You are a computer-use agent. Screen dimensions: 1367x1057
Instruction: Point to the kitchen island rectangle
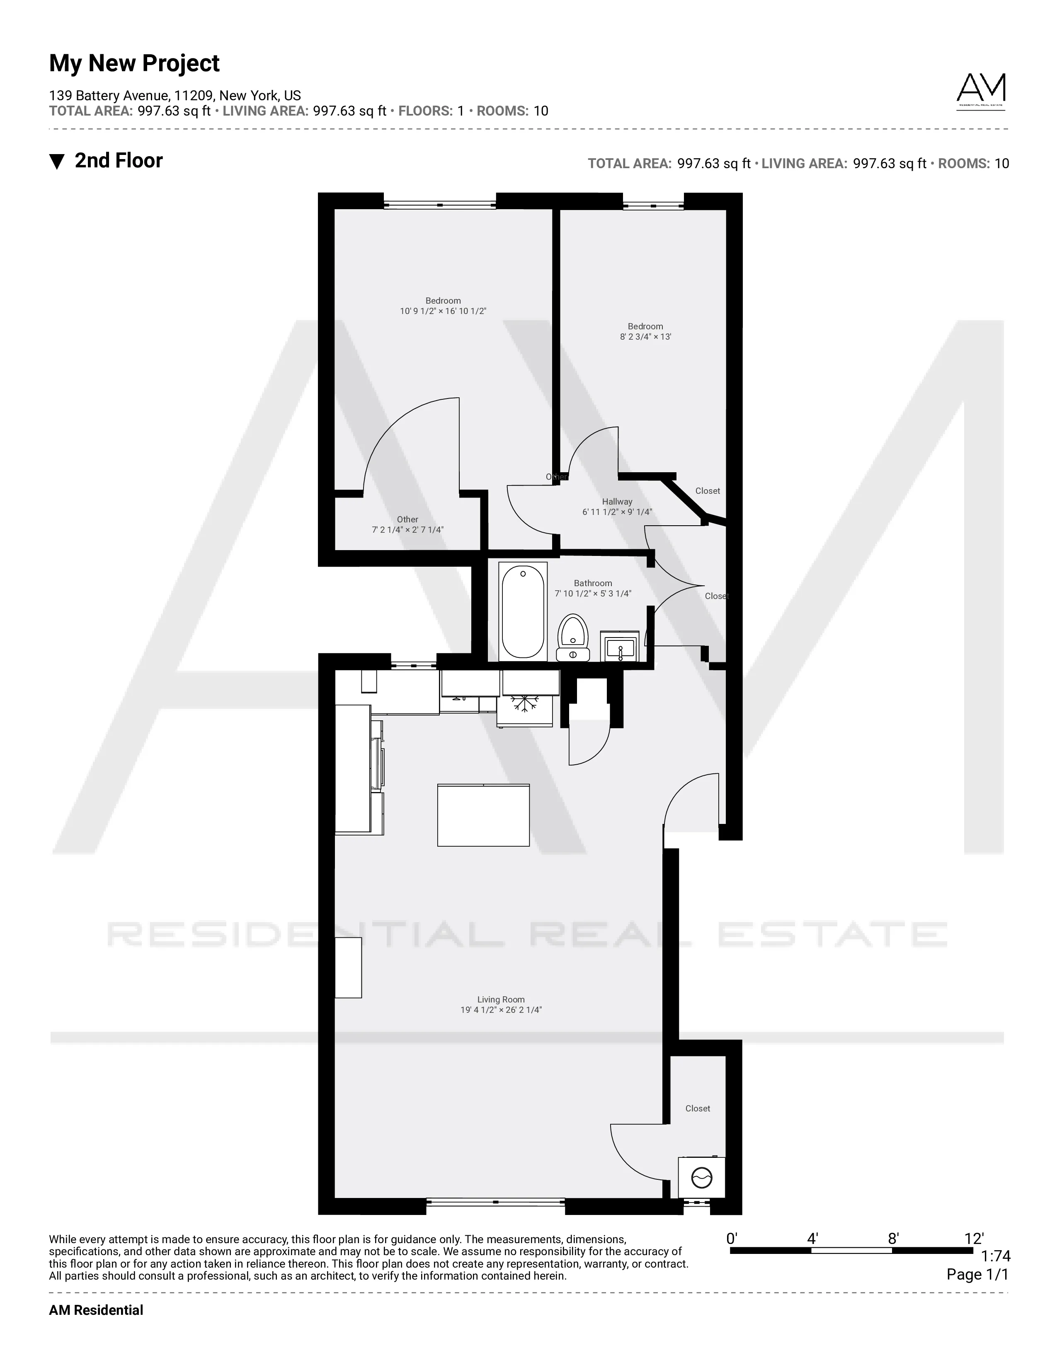coord(483,816)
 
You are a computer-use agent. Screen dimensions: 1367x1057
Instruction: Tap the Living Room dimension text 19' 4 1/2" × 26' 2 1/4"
coord(501,1010)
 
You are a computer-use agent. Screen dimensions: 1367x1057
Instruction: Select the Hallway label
coord(617,501)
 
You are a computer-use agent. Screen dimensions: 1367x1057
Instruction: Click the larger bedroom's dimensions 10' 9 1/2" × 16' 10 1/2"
coord(443,311)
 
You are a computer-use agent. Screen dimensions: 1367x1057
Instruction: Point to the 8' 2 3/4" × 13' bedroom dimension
coord(645,337)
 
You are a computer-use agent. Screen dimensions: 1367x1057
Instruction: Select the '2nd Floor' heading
coord(119,161)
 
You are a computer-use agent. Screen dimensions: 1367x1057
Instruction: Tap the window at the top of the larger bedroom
coord(439,205)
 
